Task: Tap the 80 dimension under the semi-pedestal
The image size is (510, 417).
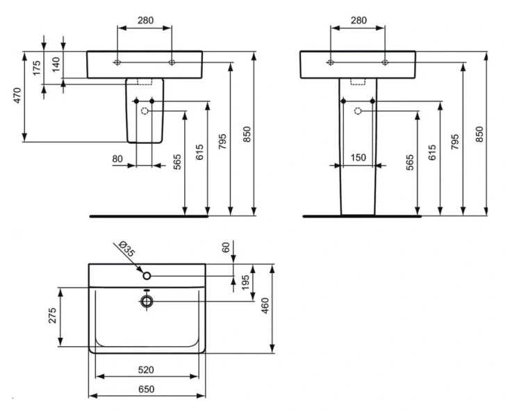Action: [117, 159]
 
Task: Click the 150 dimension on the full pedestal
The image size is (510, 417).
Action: [358, 158]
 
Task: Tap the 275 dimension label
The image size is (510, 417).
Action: [52, 317]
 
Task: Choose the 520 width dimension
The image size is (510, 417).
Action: [145, 369]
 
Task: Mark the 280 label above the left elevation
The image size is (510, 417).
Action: [145, 20]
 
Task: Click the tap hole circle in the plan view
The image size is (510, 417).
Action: [147, 276]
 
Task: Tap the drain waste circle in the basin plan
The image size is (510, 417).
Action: [147, 301]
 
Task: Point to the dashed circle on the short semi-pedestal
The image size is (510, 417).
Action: [145, 111]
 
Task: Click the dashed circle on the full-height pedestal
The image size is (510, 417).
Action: [358, 111]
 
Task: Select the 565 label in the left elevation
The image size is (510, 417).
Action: [177, 162]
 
